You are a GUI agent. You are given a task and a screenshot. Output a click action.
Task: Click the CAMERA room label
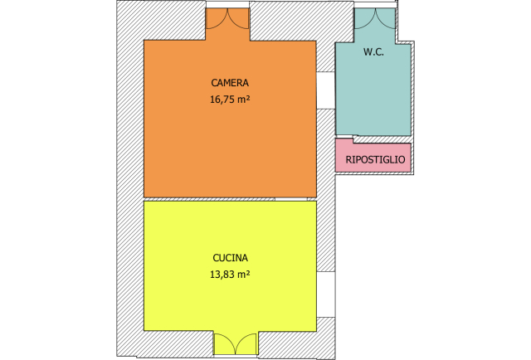pyautogui.click(x=230, y=83)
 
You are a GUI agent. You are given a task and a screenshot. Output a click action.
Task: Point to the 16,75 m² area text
pyautogui.click(x=230, y=100)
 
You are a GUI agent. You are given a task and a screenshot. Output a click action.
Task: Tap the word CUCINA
pyautogui.click(x=230, y=257)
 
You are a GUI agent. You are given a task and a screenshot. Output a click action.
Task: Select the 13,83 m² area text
pyautogui.click(x=230, y=274)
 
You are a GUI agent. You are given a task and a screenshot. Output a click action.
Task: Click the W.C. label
pyautogui.click(x=373, y=52)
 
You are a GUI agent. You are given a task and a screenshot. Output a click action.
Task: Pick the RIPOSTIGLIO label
pyautogui.click(x=375, y=159)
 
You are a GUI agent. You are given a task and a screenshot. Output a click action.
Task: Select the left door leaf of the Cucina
pyautogui.click(x=224, y=343)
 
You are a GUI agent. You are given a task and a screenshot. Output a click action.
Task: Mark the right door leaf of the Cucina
pyautogui.click(x=246, y=343)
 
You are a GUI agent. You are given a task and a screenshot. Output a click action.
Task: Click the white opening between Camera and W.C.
pyautogui.click(x=325, y=90)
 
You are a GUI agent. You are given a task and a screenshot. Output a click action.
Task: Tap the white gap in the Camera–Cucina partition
pyautogui.click(x=291, y=199)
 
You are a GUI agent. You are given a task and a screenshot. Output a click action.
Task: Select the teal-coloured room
pyautogui.click(x=373, y=91)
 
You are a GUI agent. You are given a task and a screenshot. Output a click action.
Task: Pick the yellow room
pyautogui.click(x=230, y=299)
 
